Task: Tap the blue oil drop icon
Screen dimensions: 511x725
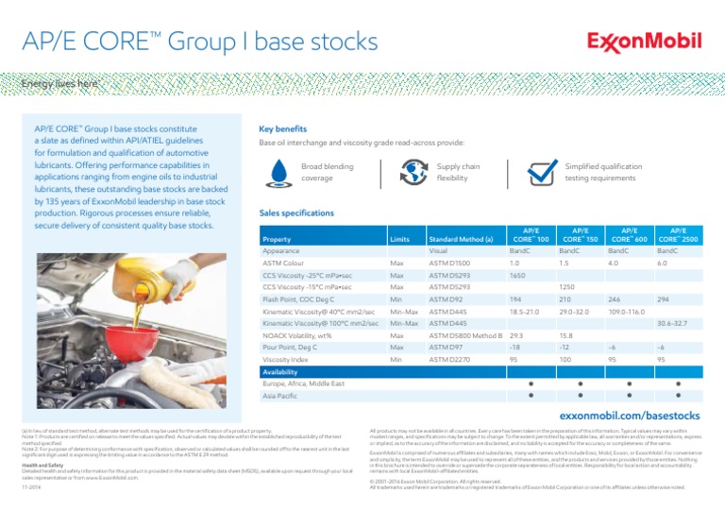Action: click(278, 172)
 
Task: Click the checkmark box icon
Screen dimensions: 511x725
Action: click(541, 172)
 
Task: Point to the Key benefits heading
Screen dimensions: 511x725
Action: click(287, 128)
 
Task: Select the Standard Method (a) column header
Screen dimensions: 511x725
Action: click(461, 240)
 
